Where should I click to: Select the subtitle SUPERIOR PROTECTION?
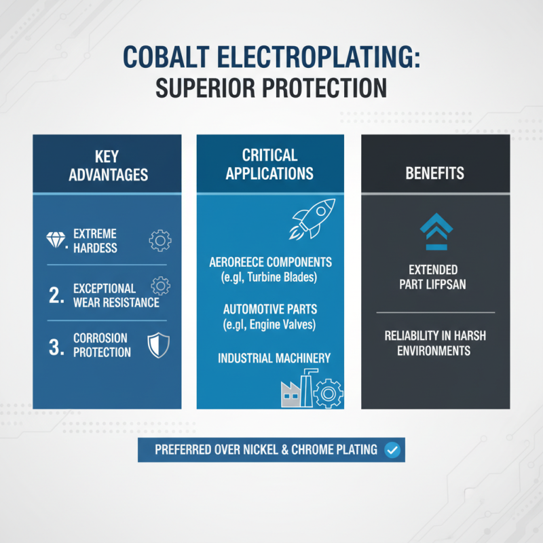(271, 88)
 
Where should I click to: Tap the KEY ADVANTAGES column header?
(107, 164)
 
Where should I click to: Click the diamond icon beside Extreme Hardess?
(56, 240)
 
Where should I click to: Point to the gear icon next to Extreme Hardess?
(160, 240)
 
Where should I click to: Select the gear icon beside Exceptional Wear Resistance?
(160, 285)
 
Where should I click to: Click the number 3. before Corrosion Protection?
(56, 345)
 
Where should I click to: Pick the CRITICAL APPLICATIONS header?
(270, 164)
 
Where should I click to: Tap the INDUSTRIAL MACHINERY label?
(274, 358)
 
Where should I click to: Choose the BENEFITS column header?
(434, 173)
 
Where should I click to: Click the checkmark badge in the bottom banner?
(391, 449)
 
